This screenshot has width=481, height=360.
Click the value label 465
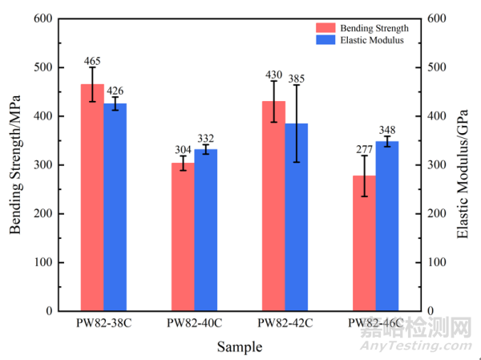tap(92, 61)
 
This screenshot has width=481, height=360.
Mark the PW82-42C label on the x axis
tap(285, 323)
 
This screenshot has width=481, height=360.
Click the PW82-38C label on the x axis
tap(103, 323)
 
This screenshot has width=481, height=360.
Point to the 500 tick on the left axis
tap(45, 67)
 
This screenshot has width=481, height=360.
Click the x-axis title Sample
tap(239, 347)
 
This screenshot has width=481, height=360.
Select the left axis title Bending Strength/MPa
tap(15, 164)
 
